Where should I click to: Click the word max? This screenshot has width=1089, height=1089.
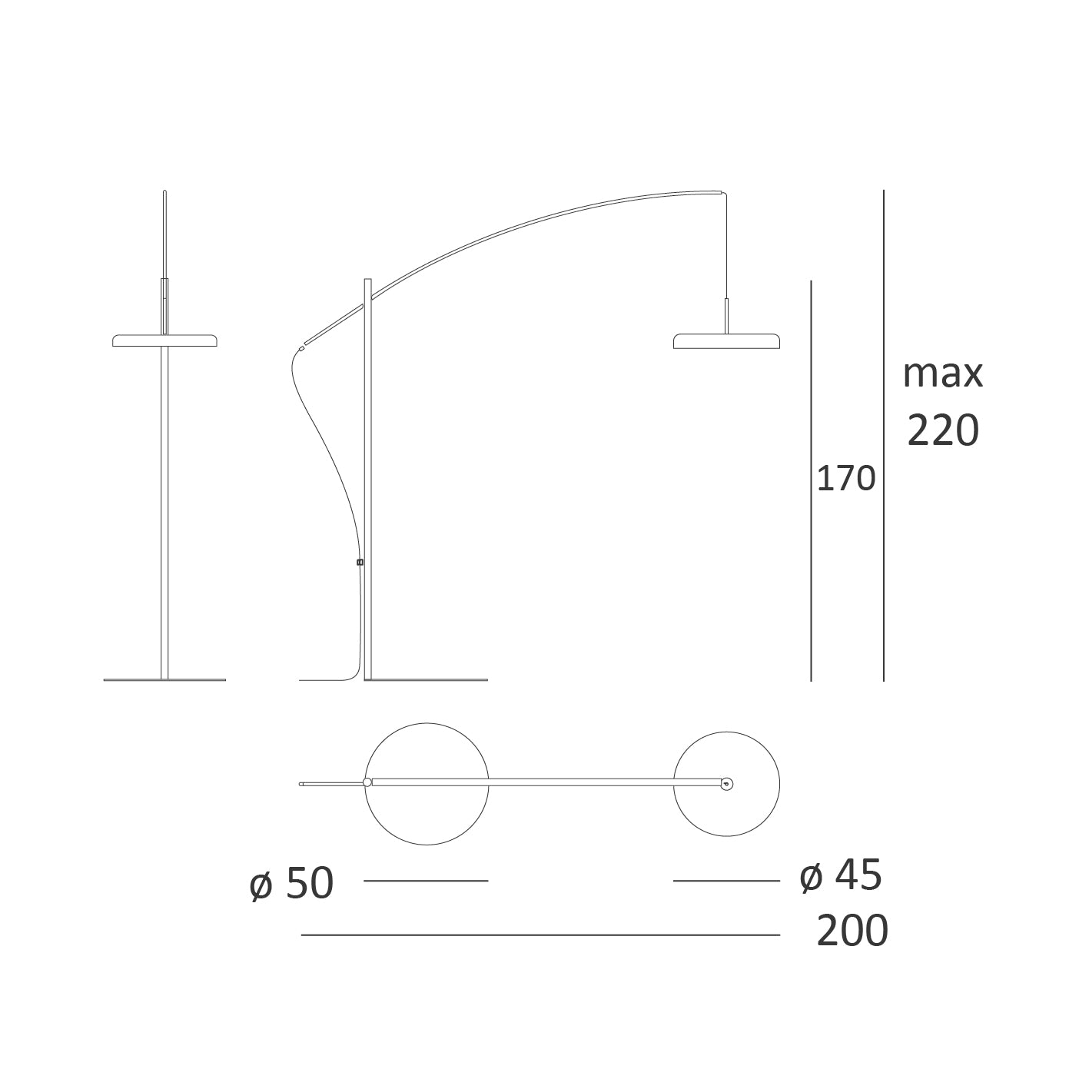(x=943, y=374)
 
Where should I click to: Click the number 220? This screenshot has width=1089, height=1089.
(x=943, y=430)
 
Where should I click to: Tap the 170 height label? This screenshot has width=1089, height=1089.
(x=846, y=479)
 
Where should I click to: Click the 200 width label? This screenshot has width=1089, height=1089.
(x=852, y=931)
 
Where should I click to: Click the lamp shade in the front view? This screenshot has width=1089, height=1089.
(x=164, y=340)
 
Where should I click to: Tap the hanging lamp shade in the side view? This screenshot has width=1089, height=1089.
(x=727, y=340)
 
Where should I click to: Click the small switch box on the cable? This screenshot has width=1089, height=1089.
(x=360, y=563)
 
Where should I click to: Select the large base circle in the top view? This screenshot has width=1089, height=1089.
(x=427, y=722)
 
